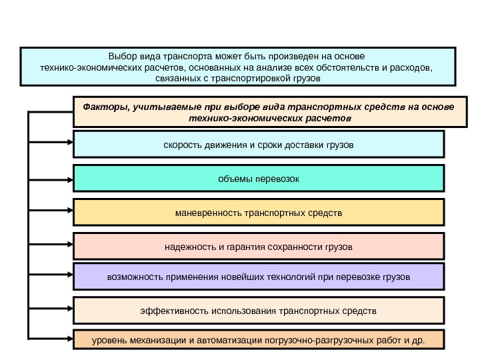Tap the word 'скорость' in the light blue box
(x=181, y=144)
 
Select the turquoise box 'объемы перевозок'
(x=258, y=179)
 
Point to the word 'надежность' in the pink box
(x=187, y=248)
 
